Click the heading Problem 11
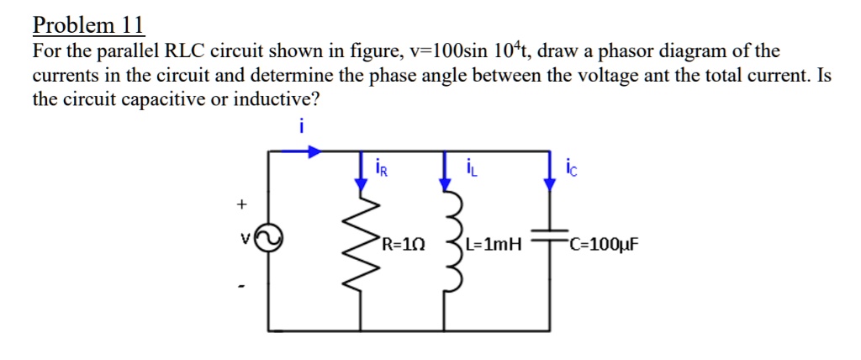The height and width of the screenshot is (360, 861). pyautogui.click(x=89, y=25)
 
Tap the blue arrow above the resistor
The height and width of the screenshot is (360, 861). pyautogui.click(x=363, y=168)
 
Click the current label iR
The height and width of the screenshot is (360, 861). pyautogui.click(x=382, y=169)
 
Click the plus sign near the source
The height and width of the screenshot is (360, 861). pyautogui.click(x=242, y=204)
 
